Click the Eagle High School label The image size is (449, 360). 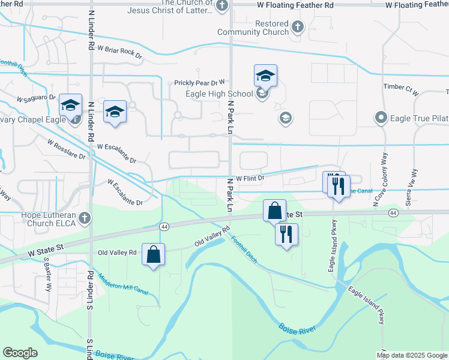224,94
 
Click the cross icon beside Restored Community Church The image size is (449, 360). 298,26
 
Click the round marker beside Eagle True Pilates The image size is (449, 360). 380,118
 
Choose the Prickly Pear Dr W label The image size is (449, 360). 199,83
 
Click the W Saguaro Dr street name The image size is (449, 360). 36,98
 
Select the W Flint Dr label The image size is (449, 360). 250,178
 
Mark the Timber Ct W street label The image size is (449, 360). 400,88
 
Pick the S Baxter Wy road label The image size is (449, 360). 47,274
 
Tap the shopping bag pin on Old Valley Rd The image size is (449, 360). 154,254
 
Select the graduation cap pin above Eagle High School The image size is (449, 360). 265,76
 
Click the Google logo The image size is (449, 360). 20,353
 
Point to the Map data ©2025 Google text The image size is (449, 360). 412,355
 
